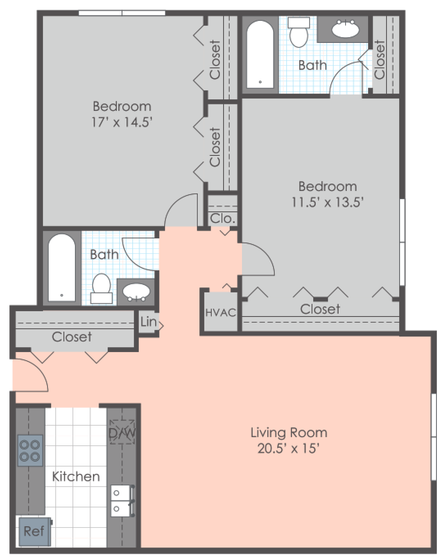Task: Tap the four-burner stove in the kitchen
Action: (x=30, y=450)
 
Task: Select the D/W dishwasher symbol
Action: (x=122, y=432)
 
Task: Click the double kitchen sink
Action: (x=122, y=501)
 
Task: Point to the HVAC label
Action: (x=221, y=313)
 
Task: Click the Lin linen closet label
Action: (x=148, y=322)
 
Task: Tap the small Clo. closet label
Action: (x=223, y=219)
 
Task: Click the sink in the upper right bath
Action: (x=345, y=29)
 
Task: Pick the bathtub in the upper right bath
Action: (x=260, y=54)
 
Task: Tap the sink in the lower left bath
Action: (x=136, y=292)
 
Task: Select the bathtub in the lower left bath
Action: (x=62, y=267)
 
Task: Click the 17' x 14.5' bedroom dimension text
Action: (x=122, y=122)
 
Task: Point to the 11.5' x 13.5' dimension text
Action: (x=328, y=202)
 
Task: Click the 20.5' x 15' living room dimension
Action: (x=288, y=449)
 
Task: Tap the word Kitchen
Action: (x=76, y=477)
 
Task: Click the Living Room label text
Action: (x=289, y=433)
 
